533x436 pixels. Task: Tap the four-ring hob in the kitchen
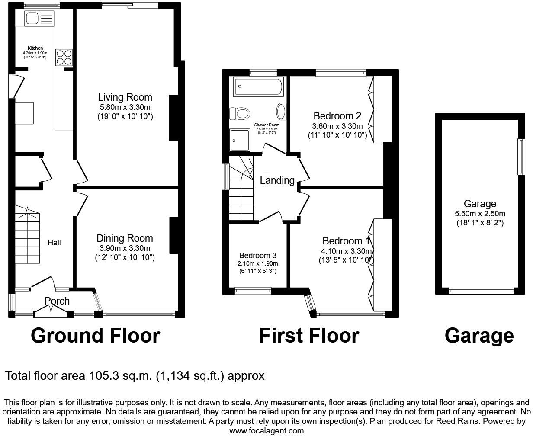64,58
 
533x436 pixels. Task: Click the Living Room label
125,97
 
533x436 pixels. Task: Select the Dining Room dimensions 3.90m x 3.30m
125,248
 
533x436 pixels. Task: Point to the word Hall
54,243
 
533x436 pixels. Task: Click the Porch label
57,301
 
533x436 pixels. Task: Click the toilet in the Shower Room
241,114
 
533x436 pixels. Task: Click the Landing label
277,180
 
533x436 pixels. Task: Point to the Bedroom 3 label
257,256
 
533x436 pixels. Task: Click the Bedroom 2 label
337,116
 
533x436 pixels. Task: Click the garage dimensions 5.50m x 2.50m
480,214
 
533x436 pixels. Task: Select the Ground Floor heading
95,335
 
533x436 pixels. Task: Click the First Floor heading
309,335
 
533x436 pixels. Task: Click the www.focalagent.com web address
266,431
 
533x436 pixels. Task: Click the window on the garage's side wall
521,156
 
